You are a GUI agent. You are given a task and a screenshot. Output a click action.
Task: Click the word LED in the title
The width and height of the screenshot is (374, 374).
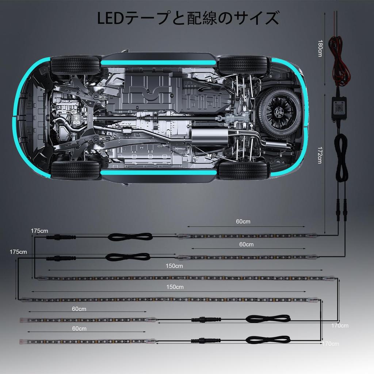point(110,18)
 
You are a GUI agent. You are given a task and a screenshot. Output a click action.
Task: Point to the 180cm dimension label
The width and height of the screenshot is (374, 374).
point(320,48)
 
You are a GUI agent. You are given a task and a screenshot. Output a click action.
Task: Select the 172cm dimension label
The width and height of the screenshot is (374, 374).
point(320,155)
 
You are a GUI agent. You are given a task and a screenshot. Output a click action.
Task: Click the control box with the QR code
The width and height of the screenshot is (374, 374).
point(339,108)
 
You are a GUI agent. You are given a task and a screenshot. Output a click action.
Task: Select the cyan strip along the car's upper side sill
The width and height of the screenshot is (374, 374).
point(159,63)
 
